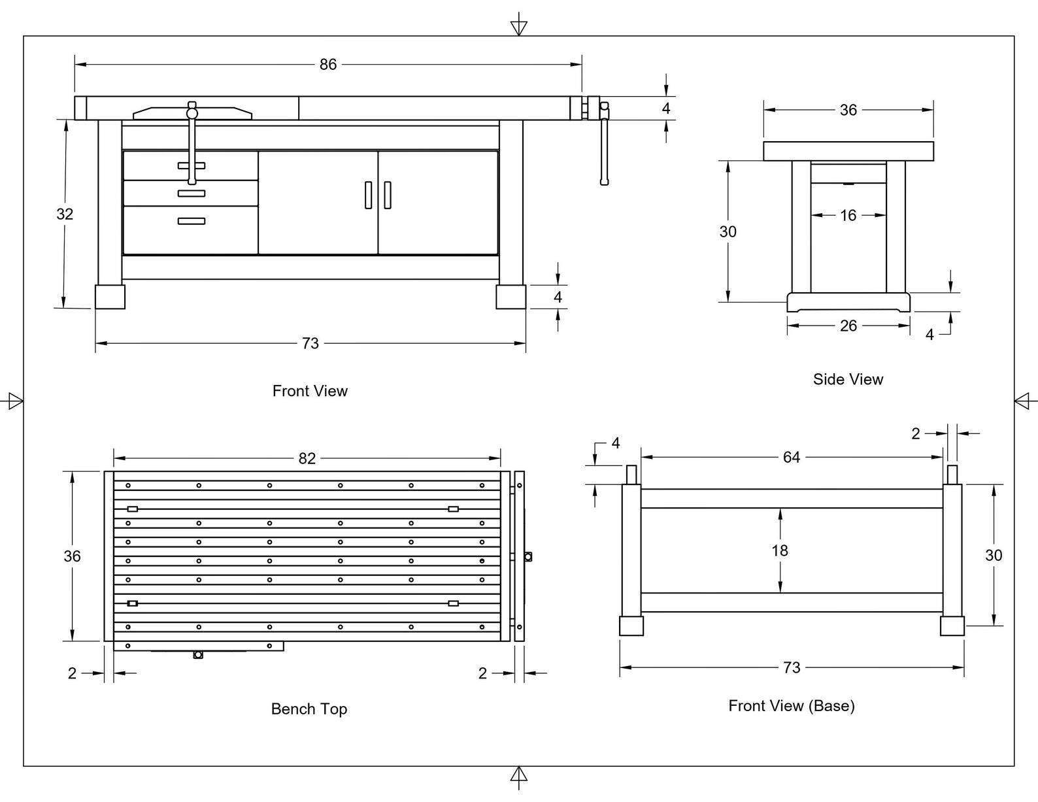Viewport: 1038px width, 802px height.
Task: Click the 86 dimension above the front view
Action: pos(327,65)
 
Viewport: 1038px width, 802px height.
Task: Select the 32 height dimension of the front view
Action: pos(65,214)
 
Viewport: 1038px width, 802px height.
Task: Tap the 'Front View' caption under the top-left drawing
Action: pos(310,391)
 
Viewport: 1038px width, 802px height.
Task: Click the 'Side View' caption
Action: pos(848,379)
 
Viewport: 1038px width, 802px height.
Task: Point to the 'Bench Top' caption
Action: pos(309,709)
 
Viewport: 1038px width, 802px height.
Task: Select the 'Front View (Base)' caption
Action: pos(791,705)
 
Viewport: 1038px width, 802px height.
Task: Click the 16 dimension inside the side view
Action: pos(848,215)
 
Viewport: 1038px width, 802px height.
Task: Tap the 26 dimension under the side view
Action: pos(848,326)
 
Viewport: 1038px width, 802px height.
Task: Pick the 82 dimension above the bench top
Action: pos(307,458)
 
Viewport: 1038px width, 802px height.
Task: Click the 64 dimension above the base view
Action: pos(791,457)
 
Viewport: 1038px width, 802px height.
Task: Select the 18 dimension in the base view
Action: pos(779,550)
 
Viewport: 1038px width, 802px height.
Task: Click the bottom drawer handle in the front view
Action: pos(191,221)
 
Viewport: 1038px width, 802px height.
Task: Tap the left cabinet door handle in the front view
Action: pos(368,195)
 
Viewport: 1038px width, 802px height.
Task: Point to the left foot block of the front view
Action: pos(110,297)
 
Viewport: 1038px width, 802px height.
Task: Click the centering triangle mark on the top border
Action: pos(518,27)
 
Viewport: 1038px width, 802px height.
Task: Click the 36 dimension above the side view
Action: pos(848,110)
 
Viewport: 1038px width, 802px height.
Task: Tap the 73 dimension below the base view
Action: pos(791,667)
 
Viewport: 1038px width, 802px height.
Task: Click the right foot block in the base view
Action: pos(952,626)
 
